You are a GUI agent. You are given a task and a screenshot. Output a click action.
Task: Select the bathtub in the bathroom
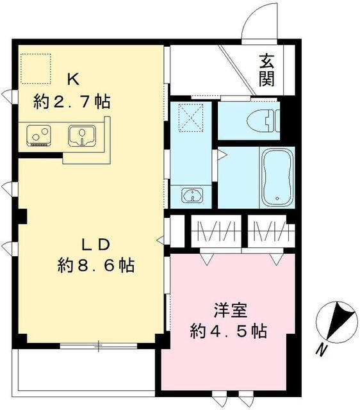click(x=277, y=177)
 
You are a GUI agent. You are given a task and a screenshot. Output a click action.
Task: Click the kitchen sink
click(x=82, y=136)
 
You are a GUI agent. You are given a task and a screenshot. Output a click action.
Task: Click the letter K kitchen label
click(x=74, y=80)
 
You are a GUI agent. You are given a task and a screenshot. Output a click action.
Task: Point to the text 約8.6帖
click(x=96, y=265)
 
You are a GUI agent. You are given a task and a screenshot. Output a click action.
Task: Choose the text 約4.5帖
click(x=228, y=331)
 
